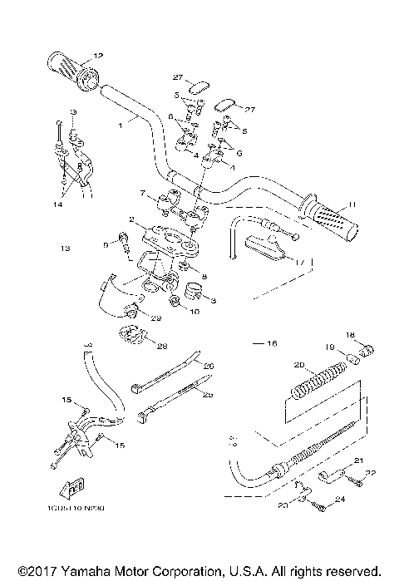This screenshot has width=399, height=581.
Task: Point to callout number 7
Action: coord(143,194)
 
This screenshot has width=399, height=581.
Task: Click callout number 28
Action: coord(162,346)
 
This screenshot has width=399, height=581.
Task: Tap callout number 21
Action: coord(359,460)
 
